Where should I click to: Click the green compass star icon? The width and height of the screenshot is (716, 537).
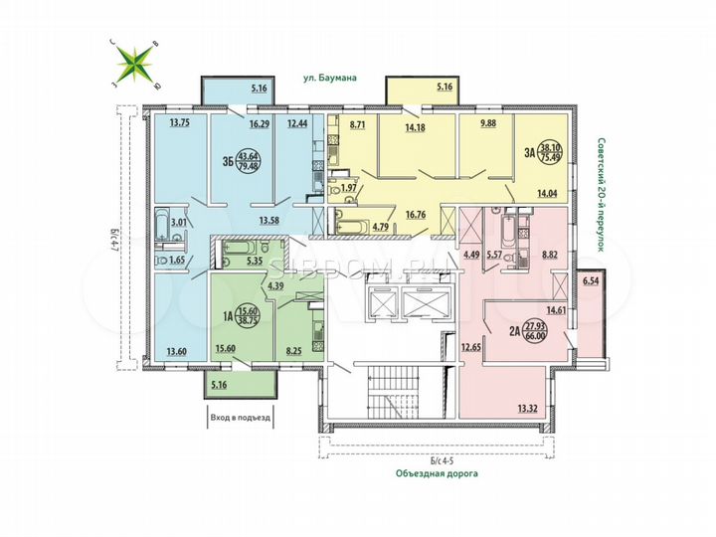pyautogui.click(x=134, y=63)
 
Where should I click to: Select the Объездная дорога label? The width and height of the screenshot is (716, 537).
pyautogui.click(x=435, y=473)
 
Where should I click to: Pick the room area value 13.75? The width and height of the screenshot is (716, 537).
pyautogui.click(x=180, y=123)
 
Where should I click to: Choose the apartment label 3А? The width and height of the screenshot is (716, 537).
pyautogui.click(x=527, y=153)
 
